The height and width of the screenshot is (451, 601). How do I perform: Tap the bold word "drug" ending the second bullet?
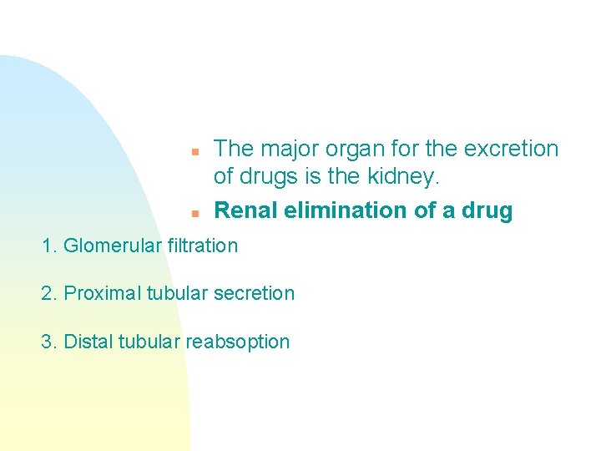[487, 211]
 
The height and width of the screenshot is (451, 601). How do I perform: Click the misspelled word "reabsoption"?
[237, 342]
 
